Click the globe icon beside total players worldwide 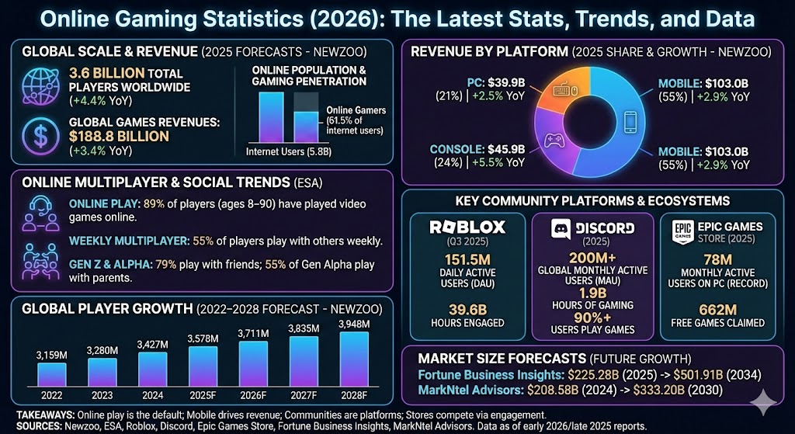click(x=40, y=85)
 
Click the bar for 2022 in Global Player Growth click(x=51, y=374)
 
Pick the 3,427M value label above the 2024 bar click(x=151, y=343)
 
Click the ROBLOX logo click(x=457, y=227)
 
